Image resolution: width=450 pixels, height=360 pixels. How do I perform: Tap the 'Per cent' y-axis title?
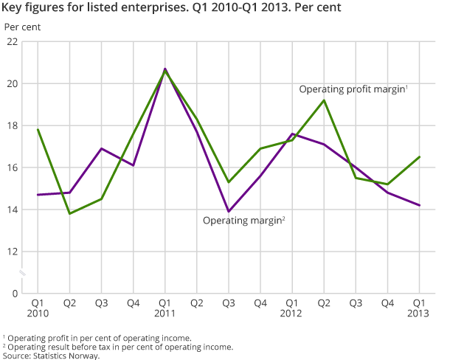(x=23, y=27)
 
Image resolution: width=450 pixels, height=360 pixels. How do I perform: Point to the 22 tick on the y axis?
(x=13, y=42)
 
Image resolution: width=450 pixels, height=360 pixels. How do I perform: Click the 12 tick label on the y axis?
(x=13, y=252)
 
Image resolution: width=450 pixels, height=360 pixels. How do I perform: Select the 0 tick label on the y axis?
(x=15, y=294)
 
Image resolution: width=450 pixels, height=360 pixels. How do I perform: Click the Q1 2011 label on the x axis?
(x=165, y=308)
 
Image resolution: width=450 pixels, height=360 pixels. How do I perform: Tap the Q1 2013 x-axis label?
(x=419, y=308)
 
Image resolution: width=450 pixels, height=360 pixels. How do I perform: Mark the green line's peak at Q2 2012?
(x=324, y=100)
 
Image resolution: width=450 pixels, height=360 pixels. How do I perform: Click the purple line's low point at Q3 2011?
(x=229, y=212)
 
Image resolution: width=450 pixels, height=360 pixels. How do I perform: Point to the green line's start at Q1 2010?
(x=38, y=130)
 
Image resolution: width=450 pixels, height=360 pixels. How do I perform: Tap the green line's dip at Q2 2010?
(x=69, y=213)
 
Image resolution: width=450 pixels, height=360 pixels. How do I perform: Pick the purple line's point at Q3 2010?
(x=101, y=148)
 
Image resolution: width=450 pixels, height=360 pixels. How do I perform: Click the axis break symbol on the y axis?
(x=22, y=273)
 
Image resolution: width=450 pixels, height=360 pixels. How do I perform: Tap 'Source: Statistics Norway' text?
(x=51, y=355)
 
